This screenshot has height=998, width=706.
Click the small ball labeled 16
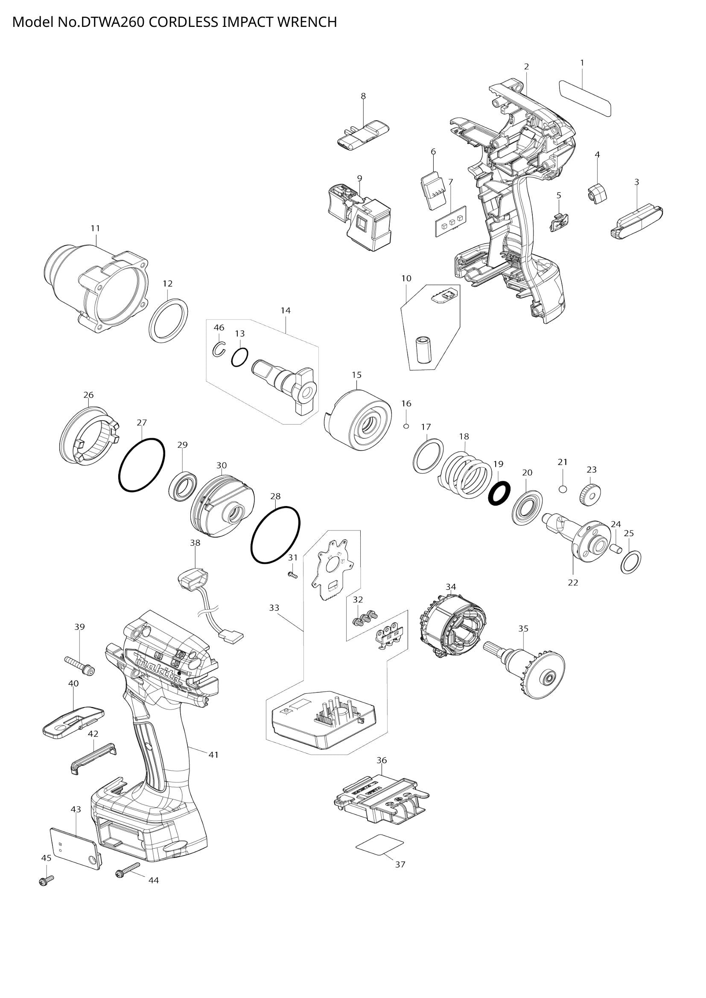pos(406,426)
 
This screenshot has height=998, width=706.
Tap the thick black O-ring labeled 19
pos(499,493)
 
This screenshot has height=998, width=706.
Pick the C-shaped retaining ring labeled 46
pos(219,349)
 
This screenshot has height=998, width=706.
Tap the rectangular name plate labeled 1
pos(585,98)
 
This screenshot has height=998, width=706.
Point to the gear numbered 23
pos(590,494)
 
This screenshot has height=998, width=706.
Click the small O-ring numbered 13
pos(239,357)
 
